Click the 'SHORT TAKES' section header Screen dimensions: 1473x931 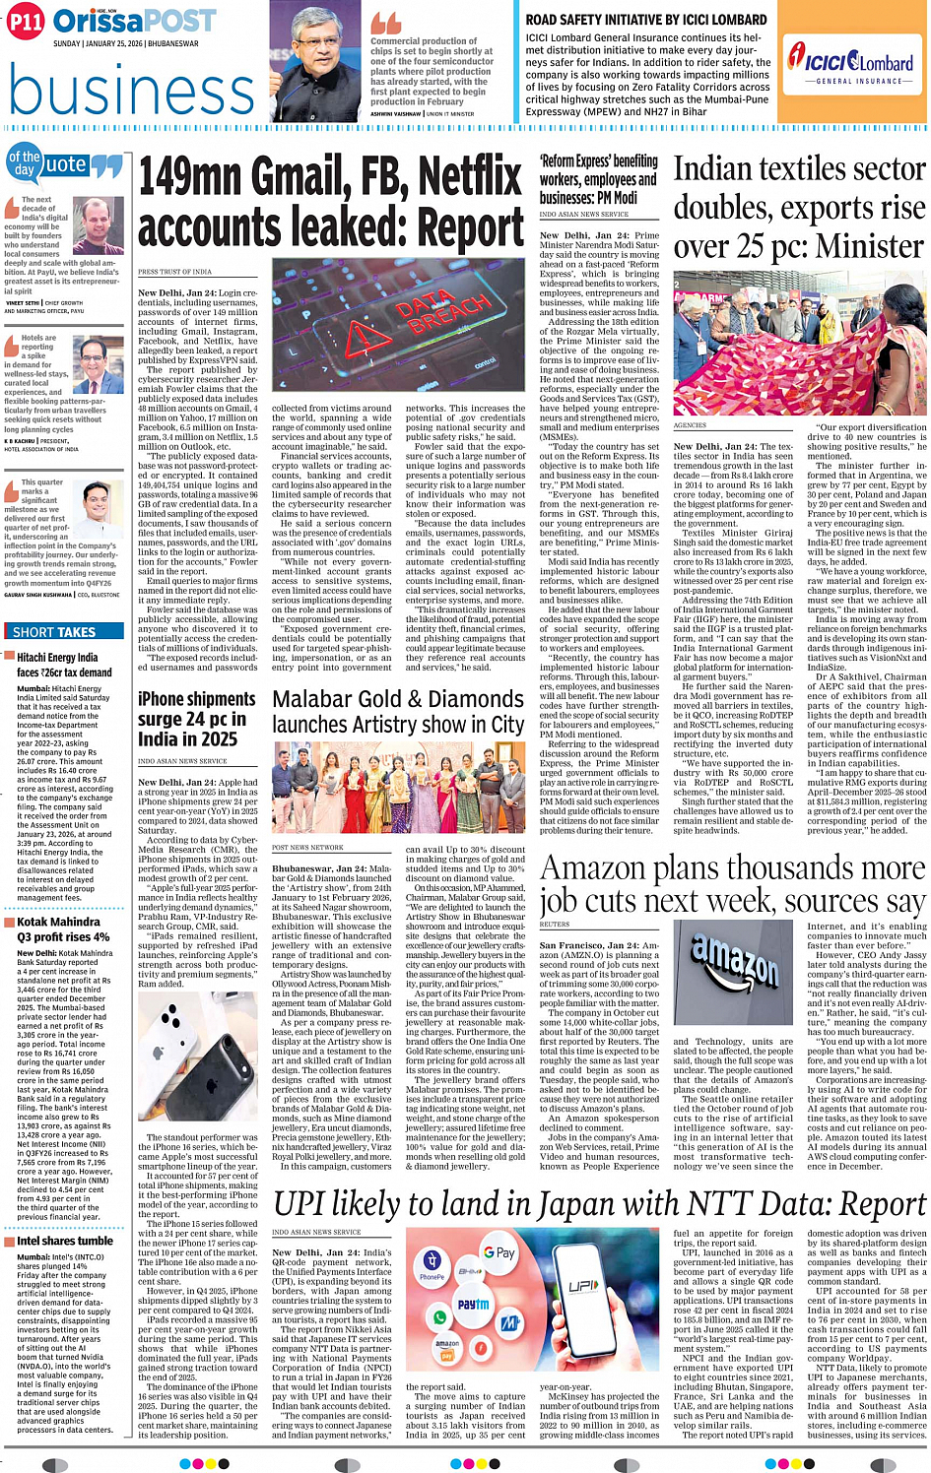pyautogui.click(x=54, y=632)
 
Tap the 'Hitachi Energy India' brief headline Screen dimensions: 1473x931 pyautogui.click(x=58, y=657)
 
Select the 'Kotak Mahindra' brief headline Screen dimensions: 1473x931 pyautogui.click(x=58, y=922)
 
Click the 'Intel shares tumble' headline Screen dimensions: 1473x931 pyautogui.click(x=65, y=1241)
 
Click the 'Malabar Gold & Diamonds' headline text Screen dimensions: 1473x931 pyautogui.click(x=398, y=700)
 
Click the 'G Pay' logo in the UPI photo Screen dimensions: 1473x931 pyautogui.click(x=499, y=1253)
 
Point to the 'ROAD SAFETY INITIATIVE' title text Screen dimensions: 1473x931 pyautogui.click(x=645, y=20)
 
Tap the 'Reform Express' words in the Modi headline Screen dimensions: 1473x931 pyautogui.click(x=576, y=161)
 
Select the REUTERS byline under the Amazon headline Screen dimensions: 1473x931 pyautogui.click(x=555, y=925)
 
